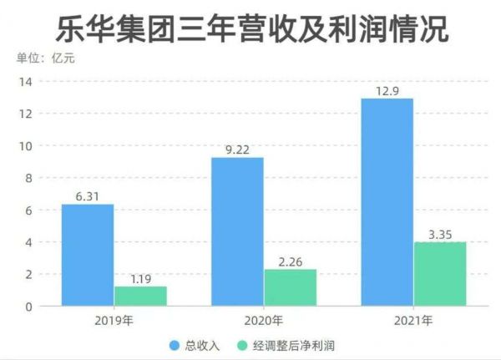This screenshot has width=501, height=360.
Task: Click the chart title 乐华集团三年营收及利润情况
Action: (x=251, y=28)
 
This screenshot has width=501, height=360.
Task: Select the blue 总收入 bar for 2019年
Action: (x=87, y=255)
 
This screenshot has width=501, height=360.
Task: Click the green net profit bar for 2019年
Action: (x=140, y=296)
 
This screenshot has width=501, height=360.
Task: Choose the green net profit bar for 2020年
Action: (x=290, y=287)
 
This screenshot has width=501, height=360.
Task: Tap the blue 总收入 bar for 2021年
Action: (x=387, y=202)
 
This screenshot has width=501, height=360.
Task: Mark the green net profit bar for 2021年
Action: (x=439, y=274)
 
